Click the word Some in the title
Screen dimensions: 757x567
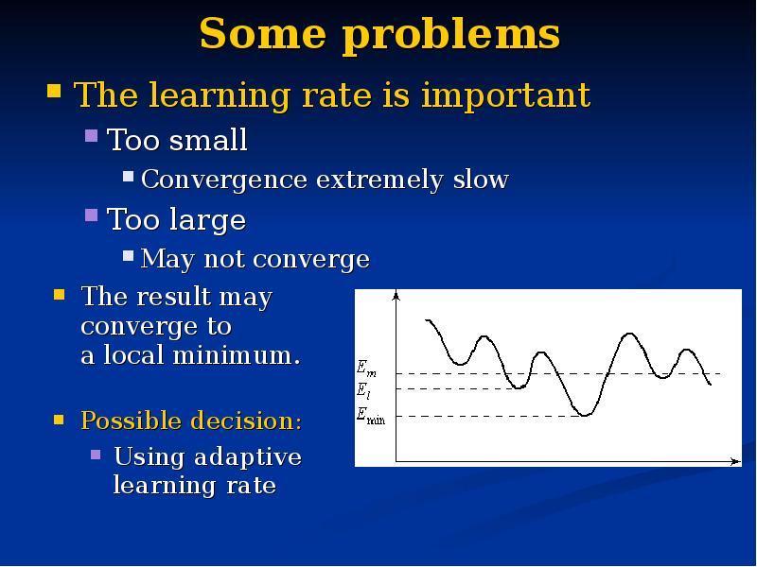pyautogui.click(x=262, y=33)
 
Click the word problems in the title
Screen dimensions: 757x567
pyautogui.click(x=451, y=36)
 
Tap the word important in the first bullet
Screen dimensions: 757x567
pyautogui.click(x=505, y=96)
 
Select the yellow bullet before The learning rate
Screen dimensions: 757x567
pyautogui.click(x=54, y=91)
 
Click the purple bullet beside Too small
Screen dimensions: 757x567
pyautogui.click(x=91, y=135)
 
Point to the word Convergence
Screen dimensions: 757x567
pyautogui.click(x=224, y=180)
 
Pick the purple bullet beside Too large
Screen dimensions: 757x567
pyautogui.click(x=91, y=215)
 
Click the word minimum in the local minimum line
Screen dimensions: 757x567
pyautogui.click(x=236, y=355)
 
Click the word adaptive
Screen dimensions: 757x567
pyautogui.click(x=248, y=457)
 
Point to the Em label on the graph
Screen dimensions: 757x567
pyautogui.click(x=366, y=369)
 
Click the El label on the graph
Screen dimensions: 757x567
pyautogui.click(x=363, y=390)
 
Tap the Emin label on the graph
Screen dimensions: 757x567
pyautogui.click(x=371, y=415)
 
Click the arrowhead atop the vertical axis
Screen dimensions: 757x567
pyautogui.click(x=396, y=294)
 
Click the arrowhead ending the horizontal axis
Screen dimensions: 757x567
pyautogui.click(x=736, y=461)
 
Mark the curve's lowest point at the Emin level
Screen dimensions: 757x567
pyautogui.click(x=585, y=415)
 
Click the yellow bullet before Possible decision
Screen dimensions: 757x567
pyautogui.click(x=59, y=420)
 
